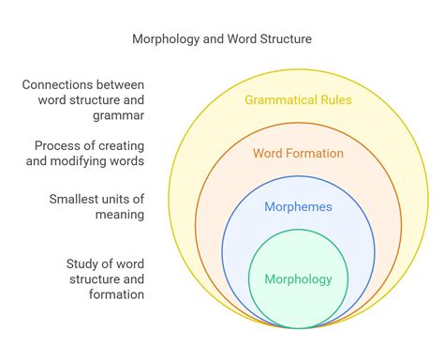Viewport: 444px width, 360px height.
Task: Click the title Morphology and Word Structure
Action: (x=221, y=39)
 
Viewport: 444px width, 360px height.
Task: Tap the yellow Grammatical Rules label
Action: (x=297, y=100)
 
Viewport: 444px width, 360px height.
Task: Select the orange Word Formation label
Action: (x=299, y=153)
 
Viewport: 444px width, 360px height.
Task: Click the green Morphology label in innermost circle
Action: (x=299, y=278)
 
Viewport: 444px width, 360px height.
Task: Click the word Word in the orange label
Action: (x=269, y=153)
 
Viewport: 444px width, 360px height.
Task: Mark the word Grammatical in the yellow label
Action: (x=279, y=100)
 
